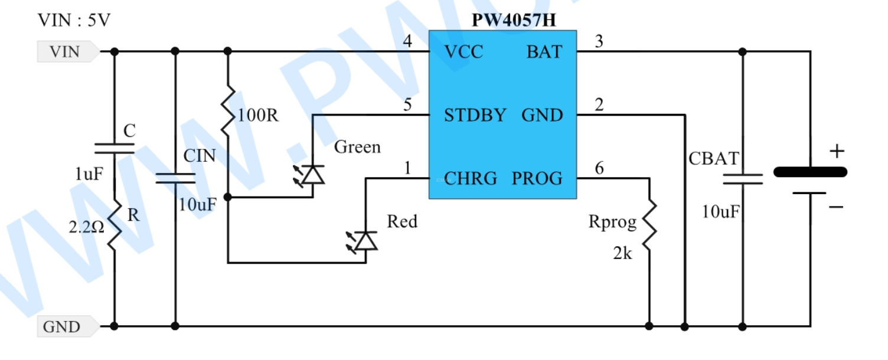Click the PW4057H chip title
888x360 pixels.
point(514,20)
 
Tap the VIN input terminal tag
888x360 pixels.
point(68,51)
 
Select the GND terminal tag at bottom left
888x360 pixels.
point(68,327)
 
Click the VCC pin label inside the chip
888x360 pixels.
point(463,52)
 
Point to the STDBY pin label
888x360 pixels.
point(475,115)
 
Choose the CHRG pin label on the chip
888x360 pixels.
point(470,179)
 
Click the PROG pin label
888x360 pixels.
point(537,179)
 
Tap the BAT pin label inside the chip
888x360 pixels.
point(544,52)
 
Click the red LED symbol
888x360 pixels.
point(362,241)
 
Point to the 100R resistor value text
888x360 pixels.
point(258,115)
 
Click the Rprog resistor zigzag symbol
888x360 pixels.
point(649,226)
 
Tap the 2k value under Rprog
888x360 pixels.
point(622,253)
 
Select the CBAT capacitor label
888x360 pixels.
point(714,159)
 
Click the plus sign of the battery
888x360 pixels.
point(837,151)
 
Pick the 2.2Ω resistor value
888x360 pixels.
point(86,227)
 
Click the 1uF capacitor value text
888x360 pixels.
point(89,174)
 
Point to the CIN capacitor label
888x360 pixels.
point(200,156)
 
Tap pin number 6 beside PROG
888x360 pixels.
point(599,168)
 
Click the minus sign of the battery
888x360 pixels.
point(835,207)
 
